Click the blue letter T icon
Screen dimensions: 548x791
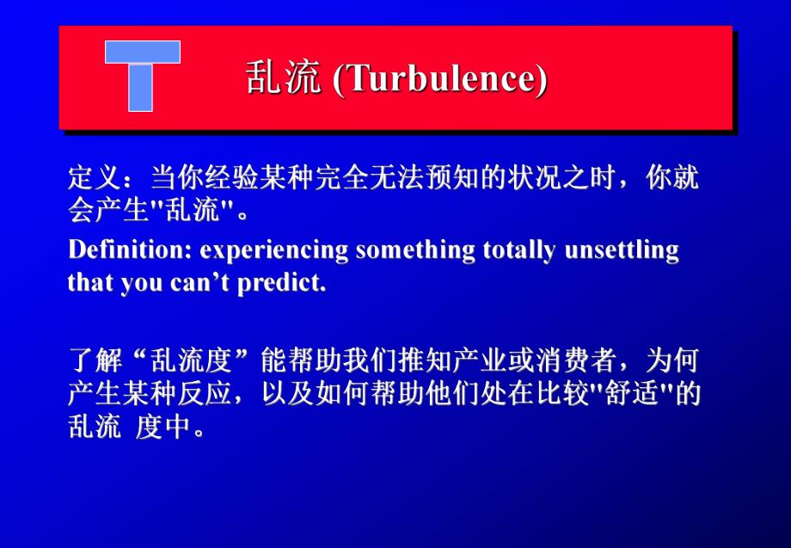point(142,75)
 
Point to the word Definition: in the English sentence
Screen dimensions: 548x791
point(131,250)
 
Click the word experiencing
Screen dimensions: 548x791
point(275,250)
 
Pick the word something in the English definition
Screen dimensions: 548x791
point(415,250)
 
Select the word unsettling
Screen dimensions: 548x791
point(622,250)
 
